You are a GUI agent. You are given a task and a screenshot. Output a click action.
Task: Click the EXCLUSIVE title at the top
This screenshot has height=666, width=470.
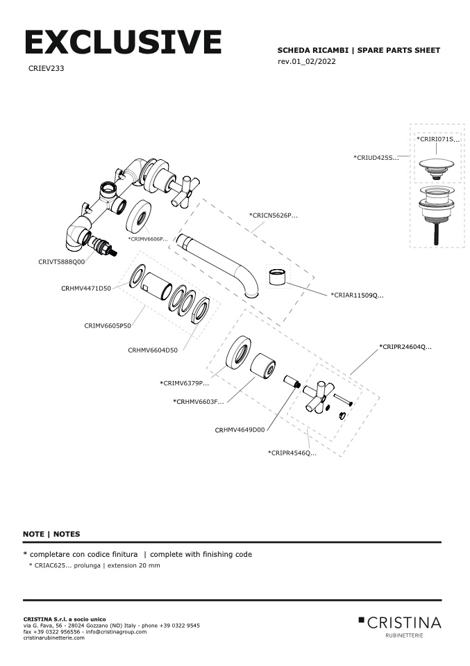pyautogui.click(x=123, y=43)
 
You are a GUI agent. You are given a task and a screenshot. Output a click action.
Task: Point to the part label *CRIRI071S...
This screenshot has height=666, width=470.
pyautogui.click(x=437, y=139)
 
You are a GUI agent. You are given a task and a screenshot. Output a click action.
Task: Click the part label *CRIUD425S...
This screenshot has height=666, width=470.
pyautogui.click(x=376, y=158)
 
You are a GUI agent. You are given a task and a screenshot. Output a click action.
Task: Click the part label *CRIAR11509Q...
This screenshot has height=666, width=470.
pyautogui.click(x=357, y=295)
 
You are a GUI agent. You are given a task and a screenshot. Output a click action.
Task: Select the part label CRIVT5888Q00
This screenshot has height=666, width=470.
pyautogui.click(x=61, y=262)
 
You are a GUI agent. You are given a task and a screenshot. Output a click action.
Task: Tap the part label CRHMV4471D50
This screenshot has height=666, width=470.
pyautogui.click(x=85, y=288)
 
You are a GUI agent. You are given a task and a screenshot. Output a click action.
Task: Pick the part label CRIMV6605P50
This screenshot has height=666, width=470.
pyautogui.click(x=108, y=325)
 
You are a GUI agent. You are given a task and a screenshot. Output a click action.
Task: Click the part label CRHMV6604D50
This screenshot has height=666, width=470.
pyautogui.click(x=153, y=350)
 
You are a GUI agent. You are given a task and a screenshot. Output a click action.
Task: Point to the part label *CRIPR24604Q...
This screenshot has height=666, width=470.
pyautogui.click(x=405, y=346)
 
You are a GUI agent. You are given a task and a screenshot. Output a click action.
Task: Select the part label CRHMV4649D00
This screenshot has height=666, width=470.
pyautogui.click(x=240, y=430)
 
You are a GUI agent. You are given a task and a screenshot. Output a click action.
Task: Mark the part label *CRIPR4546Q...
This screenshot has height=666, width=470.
pyautogui.click(x=292, y=453)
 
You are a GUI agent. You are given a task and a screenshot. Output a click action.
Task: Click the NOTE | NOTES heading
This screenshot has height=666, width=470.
pyautogui.click(x=51, y=534)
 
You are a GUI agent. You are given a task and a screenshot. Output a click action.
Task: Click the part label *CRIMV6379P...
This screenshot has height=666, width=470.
pyautogui.click(x=184, y=383)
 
